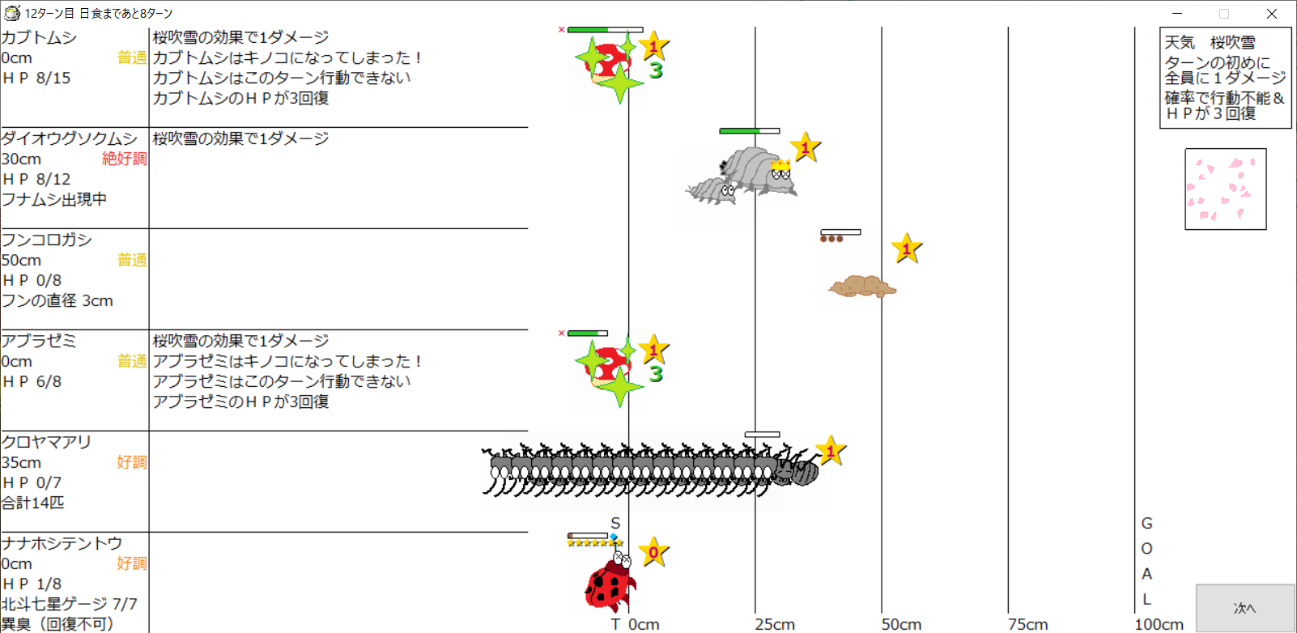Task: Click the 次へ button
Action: [x=1245, y=608]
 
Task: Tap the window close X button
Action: [x=1272, y=13]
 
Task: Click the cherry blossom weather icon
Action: [x=1225, y=189]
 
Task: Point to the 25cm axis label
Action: [x=775, y=624]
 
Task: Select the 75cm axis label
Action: [x=1027, y=624]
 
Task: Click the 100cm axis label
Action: [x=1159, y=624]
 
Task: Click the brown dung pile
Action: [x=862, y=286]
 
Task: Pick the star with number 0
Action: [x=653, y=552]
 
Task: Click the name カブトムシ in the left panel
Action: [x=39, y=37]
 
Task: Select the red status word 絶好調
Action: [x=124, y=159]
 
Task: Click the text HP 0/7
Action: [x=32, y=482]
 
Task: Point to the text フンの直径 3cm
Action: [x=57, y=300]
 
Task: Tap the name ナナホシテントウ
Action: [x=62, y=543]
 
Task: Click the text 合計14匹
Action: [x=33, y=503]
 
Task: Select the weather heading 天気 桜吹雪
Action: [x=1210, y=42]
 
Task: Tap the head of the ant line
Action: [x=799, y=471]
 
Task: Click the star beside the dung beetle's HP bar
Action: [x=907, y=249]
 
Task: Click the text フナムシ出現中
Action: [x=54, y=199]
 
